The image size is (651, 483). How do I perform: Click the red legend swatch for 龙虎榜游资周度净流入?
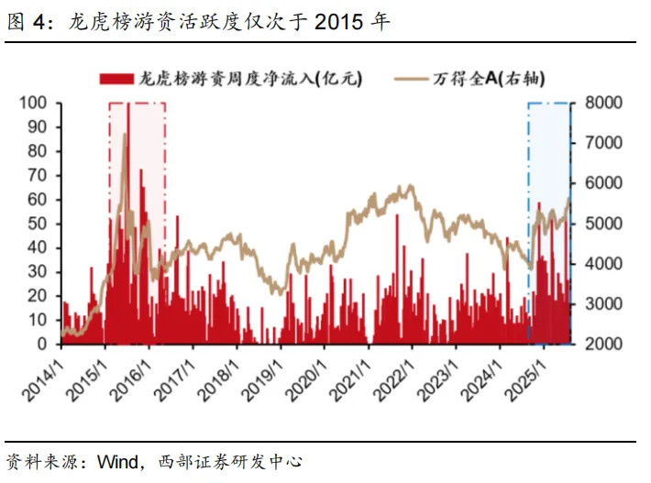click(116, 79)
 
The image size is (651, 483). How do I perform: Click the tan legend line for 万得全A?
click(410, 79)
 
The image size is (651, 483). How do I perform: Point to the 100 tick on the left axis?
click(33, 103)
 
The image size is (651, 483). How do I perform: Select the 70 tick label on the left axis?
click(37, 175)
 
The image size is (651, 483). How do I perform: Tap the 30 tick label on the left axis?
click(37, 272)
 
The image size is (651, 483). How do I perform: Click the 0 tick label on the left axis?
click(41, 344)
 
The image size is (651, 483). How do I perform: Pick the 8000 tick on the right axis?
click(603, 103)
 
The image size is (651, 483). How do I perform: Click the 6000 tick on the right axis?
click(603, 183)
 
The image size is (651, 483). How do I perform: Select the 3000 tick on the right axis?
click(603, 303)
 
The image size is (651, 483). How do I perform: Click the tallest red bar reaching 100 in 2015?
click(128, 224)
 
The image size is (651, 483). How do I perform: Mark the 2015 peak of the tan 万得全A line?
click(125, 134)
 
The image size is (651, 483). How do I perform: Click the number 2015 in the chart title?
click(338, 22)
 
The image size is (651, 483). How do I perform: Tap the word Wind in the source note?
click(118, 461)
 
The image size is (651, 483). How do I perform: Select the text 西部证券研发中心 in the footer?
click(230, 461)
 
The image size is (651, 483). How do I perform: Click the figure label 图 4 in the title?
click(27, 22)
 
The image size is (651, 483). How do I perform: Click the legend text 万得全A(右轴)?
click(488, 79)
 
